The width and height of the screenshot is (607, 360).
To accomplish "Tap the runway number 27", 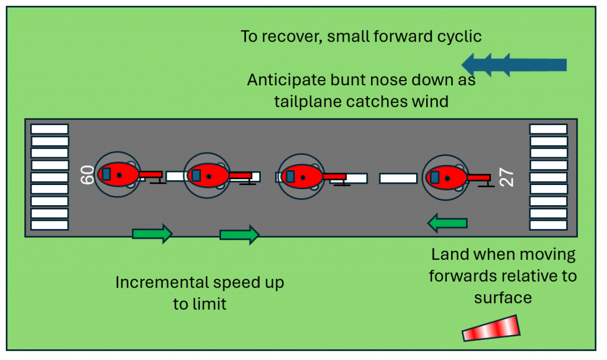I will coord(507,177).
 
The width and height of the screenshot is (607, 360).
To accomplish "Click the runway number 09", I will coord(87,176).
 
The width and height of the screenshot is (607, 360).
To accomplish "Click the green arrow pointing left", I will coord(447,223).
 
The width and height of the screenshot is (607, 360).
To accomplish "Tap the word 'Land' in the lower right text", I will coord(448,255).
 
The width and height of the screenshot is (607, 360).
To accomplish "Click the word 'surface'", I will coord(502,297).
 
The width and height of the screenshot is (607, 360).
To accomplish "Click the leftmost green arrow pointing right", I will coord(152,234).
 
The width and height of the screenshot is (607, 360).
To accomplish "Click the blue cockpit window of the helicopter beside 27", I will coord(435,177).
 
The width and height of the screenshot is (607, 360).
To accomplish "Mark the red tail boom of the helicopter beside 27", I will coord(478,177).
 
